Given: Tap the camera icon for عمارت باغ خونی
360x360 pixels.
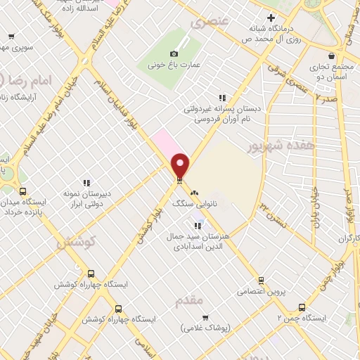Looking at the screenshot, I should pos(174,54).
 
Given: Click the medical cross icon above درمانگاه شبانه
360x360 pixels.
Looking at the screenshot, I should pos(271,17).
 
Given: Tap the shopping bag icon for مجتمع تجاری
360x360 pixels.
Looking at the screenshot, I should pos(330,53).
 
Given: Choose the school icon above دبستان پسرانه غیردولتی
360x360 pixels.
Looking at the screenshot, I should pos(222,98).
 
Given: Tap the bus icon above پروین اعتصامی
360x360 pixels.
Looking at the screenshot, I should pos(262,280).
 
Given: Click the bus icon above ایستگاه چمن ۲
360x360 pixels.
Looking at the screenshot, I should pos(302,307).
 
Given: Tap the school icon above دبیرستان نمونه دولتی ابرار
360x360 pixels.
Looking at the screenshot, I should pos(86,183).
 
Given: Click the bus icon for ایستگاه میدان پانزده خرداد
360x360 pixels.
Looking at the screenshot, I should pos(23,191).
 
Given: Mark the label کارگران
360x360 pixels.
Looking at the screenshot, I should pos(347,239).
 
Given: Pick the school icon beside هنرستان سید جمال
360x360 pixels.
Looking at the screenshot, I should pos(198,225).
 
